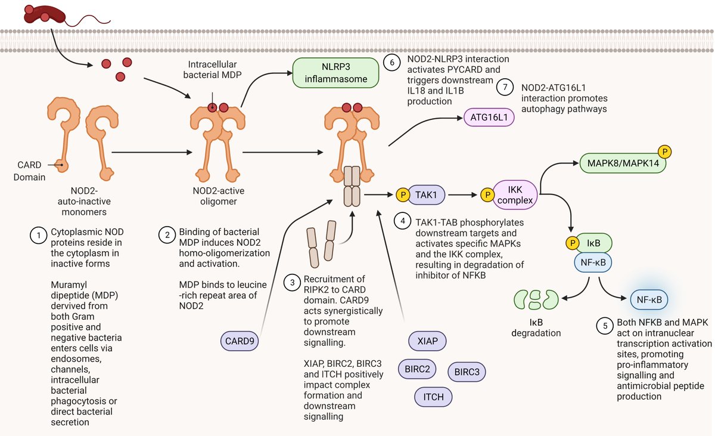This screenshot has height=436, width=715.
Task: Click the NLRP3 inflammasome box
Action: [337, 72]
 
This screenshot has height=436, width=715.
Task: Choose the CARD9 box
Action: [237, 342]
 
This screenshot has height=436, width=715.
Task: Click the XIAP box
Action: [427, 341]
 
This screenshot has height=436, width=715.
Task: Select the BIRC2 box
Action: [417, 369]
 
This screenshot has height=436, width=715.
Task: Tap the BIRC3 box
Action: [467, 372]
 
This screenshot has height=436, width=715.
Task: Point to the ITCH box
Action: [434, 397]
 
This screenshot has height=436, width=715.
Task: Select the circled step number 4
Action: [403, 220]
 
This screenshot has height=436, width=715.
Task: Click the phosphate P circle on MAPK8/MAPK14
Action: [663, 153]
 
